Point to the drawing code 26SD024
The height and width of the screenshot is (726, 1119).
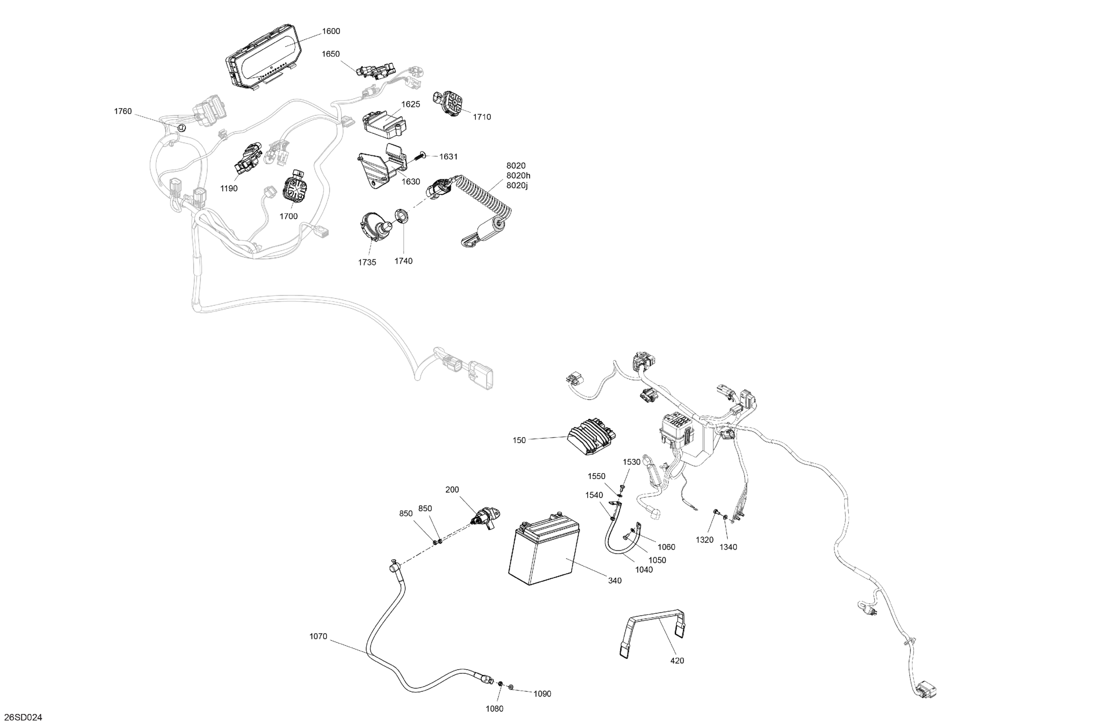tap(23, 717)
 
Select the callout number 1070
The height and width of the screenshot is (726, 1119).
tap(318, 637)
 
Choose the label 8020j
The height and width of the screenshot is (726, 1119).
tap(517, 185)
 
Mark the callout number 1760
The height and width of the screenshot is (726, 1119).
tap(123, 111)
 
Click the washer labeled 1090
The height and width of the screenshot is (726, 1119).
tap(511, 689)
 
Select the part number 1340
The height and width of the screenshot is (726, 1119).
tap(728, 547)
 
